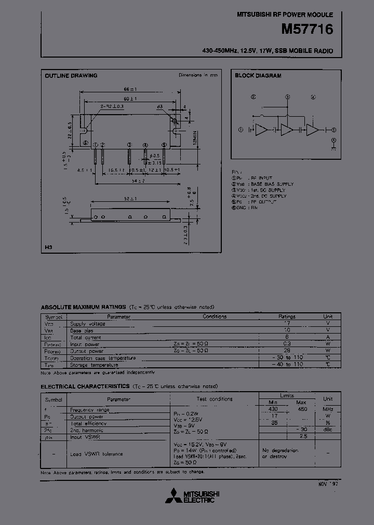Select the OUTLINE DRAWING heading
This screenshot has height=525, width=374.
[x=71, y=76]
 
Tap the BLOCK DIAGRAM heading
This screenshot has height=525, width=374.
[x=258, y=76]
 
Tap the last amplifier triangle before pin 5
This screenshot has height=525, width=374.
[x=313, y=130]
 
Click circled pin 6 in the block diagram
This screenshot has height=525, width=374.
[x=334, y=140]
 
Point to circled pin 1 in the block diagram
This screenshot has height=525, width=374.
[x=241, y=130]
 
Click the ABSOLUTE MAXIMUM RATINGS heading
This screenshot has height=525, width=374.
[x=83, y=307]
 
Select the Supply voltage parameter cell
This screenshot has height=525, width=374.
[x=88, y=324]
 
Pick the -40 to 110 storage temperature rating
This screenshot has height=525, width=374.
[x=287, y=364]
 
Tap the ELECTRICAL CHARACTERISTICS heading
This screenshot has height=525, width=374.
[x=85, y=386]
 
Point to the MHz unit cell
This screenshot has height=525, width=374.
[x=328, y=409]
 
